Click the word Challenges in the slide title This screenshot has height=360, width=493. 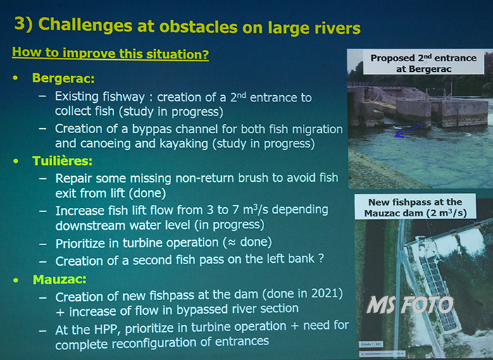(85, 26)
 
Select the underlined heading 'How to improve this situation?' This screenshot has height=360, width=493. (111, 53)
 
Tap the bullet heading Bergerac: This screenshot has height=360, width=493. (63, 77)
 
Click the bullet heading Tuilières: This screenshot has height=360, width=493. (63, 161)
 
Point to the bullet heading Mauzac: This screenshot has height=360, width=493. (59, 279)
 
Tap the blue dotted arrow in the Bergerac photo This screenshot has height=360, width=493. (410, 130)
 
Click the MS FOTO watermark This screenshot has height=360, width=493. (411, 304)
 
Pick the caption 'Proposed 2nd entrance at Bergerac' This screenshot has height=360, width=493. (423, 63)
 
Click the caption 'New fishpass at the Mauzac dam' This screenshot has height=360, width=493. (416, 208)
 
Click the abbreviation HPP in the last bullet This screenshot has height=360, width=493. (108, 329)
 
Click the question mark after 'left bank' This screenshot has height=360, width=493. (320, 259)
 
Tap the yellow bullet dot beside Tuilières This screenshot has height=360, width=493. (15, 161)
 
